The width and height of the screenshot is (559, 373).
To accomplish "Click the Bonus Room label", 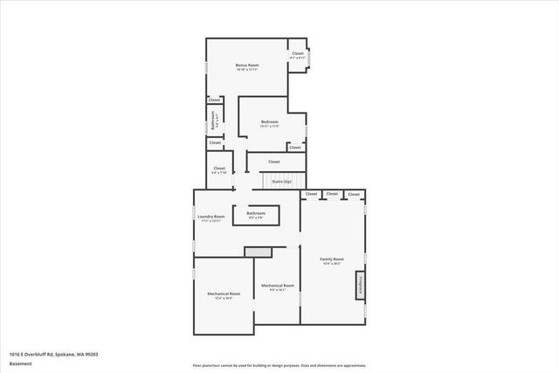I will tap(247, 66).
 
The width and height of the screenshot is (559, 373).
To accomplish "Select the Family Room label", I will tap(332, 259).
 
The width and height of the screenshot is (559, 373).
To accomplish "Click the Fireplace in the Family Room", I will tap(359, 286).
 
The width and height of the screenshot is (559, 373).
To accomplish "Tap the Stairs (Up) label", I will tap(281, 182).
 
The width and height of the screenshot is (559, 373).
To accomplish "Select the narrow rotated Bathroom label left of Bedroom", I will tap(214, 121).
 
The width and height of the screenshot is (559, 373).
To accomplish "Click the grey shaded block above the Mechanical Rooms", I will tap(258, 252).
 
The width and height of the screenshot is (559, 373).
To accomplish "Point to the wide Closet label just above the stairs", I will tap(273, 162).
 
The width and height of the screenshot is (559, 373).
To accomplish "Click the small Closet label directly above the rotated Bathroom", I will tap(214, 100).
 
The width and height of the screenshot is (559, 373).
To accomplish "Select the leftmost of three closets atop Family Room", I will tap(311, 193).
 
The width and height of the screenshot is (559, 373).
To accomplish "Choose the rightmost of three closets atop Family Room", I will tap(354, 194).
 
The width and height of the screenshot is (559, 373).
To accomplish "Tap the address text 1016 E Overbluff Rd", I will tap(53, 353).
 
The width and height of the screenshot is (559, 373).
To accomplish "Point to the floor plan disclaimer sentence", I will tap(279, 364).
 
